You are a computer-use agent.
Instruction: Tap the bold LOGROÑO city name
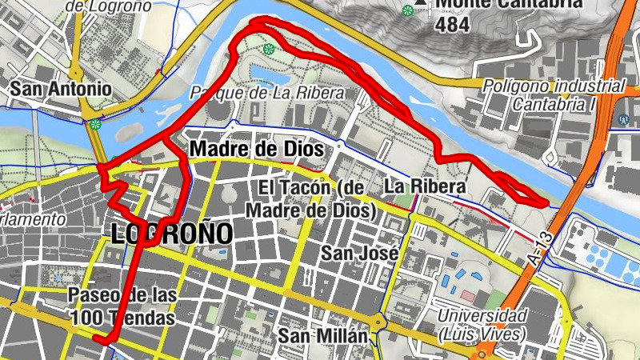pyautogui.click(x=172, y=234)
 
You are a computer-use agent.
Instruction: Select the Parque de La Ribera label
pyautogui.click(x=267, y=94)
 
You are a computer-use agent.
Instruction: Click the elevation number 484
pyautogui.click(x=453, y=26)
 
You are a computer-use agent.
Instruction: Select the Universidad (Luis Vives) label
pyautogui.click(x=481, y=324)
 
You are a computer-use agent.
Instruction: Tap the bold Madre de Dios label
pyautogui.click(x=256, y=150)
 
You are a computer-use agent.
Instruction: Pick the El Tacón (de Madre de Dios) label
pyautogui.click(x=311, y=199)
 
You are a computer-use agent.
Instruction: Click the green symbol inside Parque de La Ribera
pyautogui.click(x=269, y=49)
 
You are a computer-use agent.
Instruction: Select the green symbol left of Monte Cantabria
pyautogui.click(x=408, y=10)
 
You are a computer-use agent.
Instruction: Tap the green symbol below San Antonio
pyautogui.click(x=96, y=124)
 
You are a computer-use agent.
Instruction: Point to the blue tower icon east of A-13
pyautogui.click(x=623, y=119)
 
